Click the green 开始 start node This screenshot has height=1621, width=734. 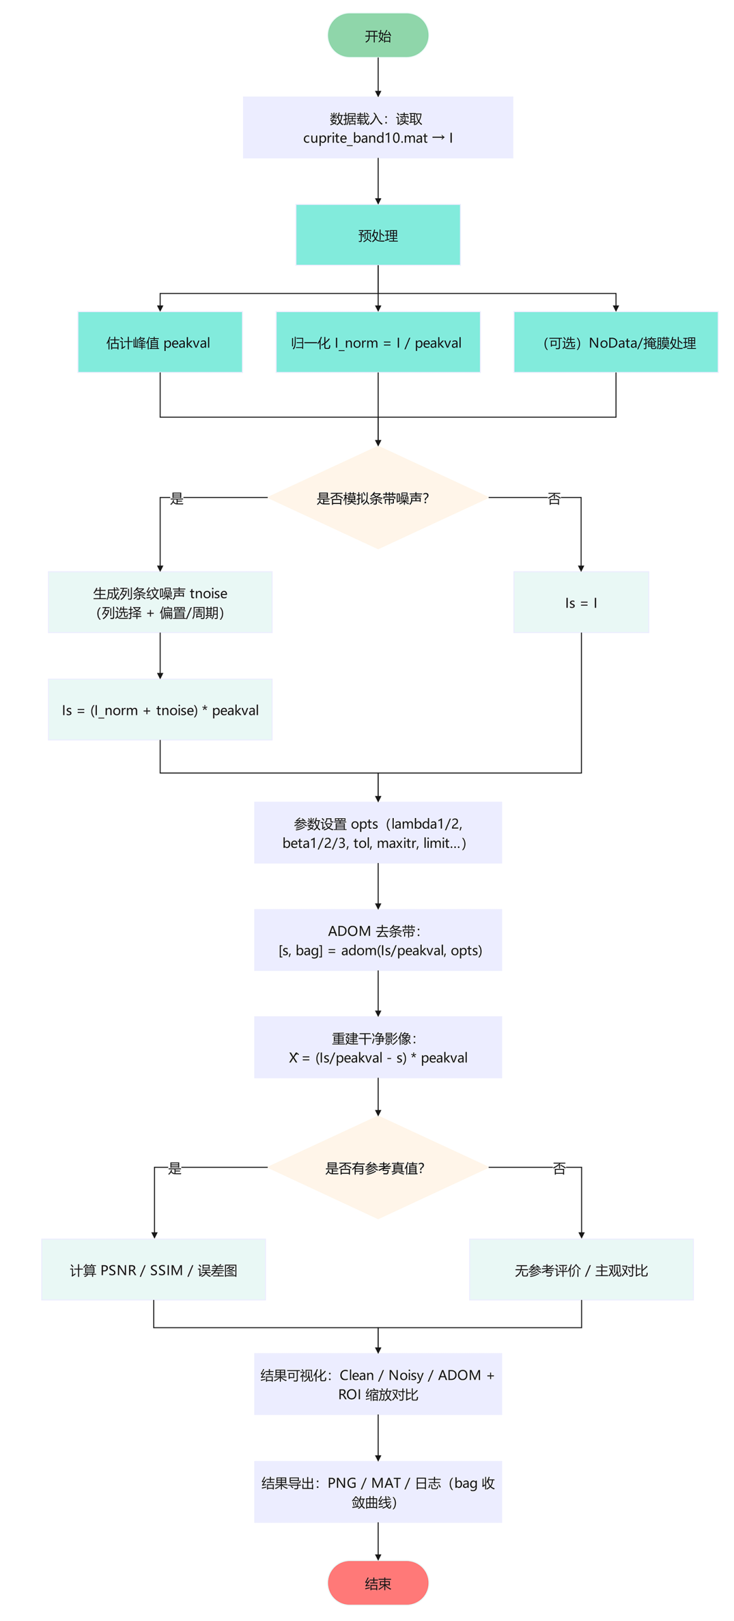[377, 35]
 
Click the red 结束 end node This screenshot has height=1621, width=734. [377, 1582]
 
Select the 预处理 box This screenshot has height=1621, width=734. [377, 235]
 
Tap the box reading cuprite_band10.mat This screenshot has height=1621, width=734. [377, 127]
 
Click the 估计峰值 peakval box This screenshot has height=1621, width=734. [160, 342]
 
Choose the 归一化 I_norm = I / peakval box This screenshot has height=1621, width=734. [377, 342]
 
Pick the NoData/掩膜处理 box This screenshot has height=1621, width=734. [615, 342]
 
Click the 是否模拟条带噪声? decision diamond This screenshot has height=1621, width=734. [377, 498]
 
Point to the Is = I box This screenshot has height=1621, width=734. [581, 602]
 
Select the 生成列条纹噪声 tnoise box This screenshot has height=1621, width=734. [160, 602]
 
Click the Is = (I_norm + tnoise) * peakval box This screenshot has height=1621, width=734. [160, 709]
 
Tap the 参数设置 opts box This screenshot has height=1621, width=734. [377, 832]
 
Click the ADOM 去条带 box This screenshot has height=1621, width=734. [377, 940]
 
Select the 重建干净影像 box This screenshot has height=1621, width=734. [377, 1047]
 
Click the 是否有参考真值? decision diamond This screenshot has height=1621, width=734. [377, 1167]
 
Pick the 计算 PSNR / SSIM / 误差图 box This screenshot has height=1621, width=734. [153, 1269]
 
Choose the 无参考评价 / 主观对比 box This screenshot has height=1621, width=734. [581, 1269]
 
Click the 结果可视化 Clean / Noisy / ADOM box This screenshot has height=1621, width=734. [377, 1384]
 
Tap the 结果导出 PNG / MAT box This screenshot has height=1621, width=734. [377, 1491]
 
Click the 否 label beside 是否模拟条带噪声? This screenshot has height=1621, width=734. [554, 498]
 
